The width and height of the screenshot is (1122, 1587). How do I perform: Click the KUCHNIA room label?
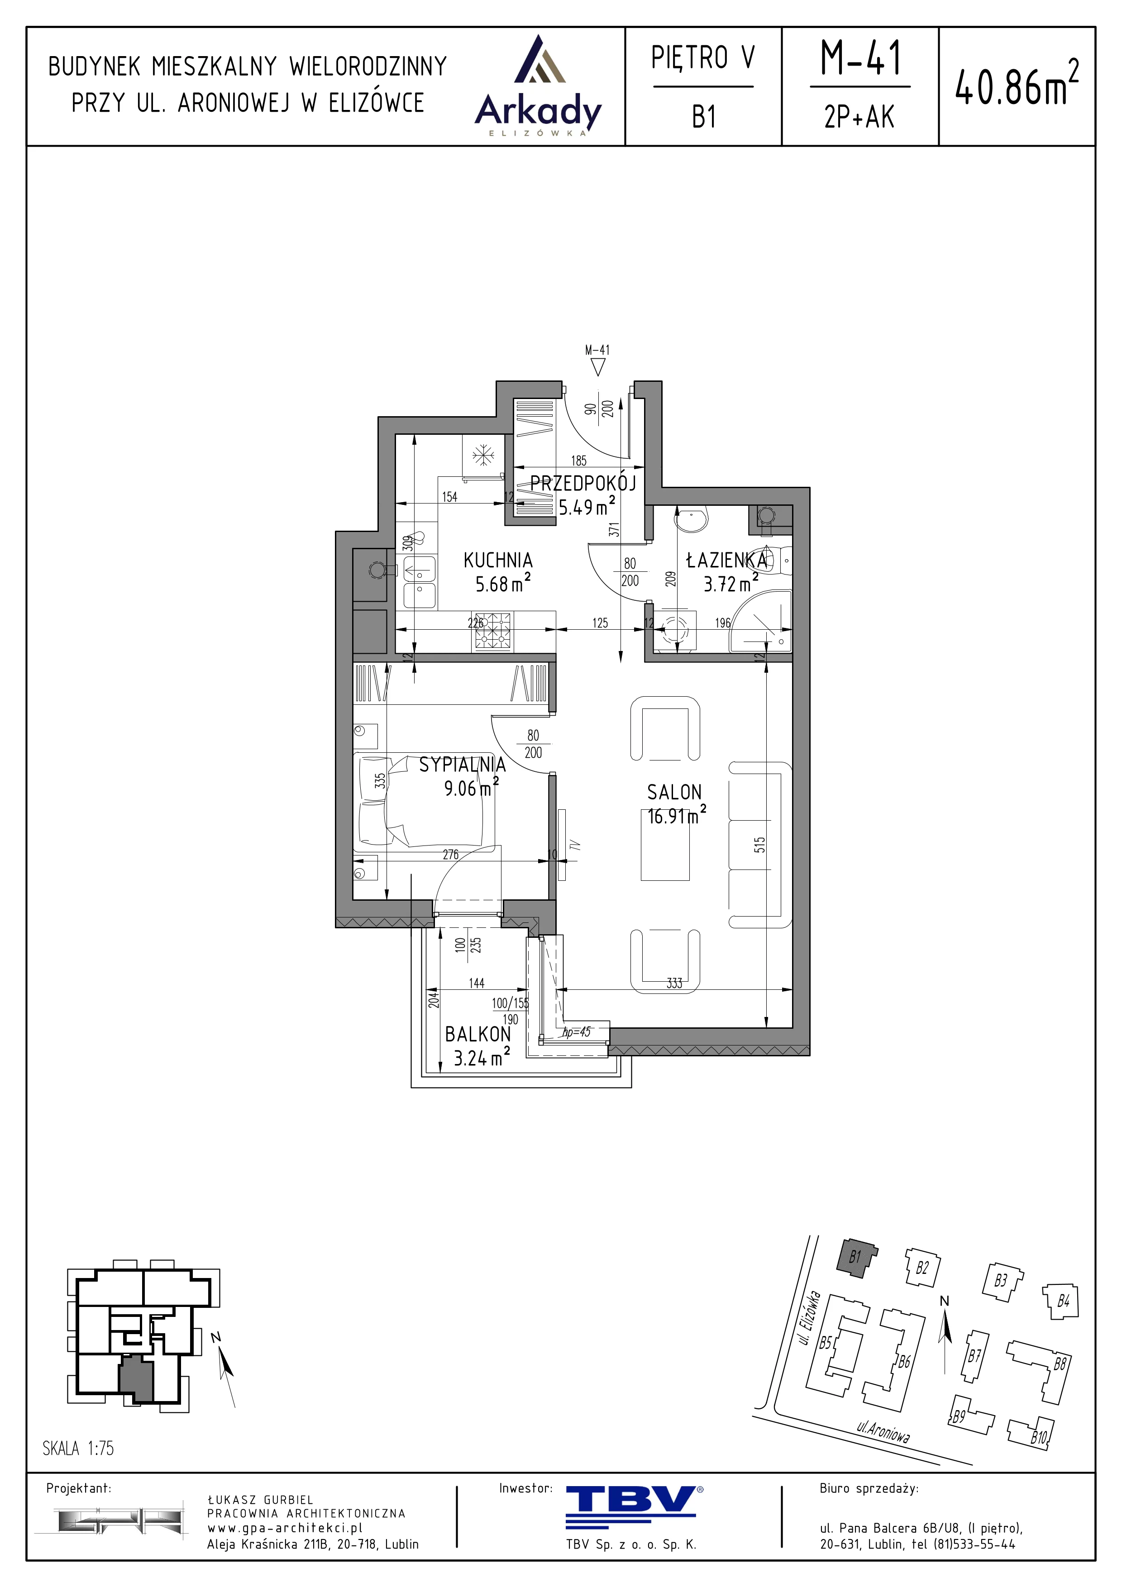pos(498,560)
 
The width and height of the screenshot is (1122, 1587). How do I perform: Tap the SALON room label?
pos(674,792)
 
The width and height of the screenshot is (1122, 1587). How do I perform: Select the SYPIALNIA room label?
pos(463,765)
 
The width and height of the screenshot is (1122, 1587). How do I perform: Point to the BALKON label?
pos(477,1034)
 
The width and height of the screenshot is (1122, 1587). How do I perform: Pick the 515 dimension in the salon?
pos(760,845)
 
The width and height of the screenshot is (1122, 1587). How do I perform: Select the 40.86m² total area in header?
pos(1016,83)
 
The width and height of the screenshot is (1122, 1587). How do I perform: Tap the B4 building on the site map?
pos(1059,1302)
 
